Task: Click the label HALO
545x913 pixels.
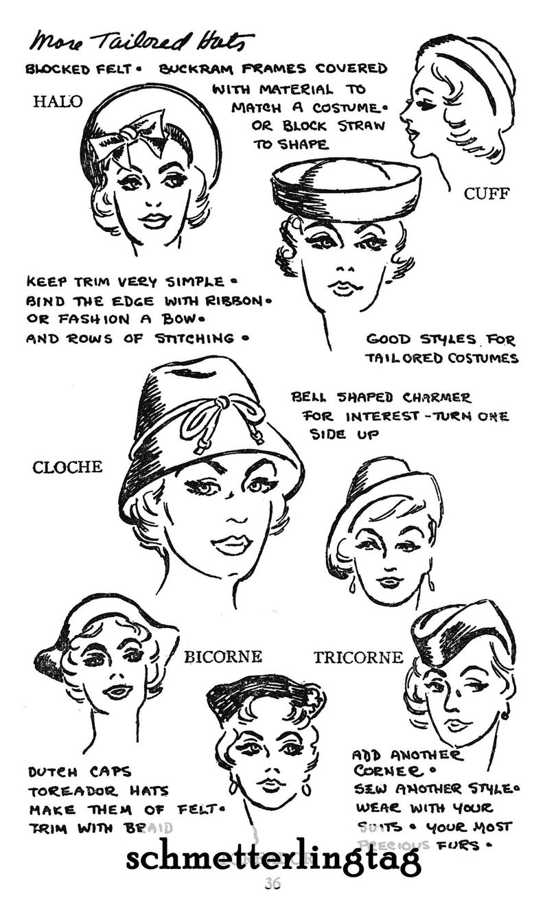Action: (58, 102)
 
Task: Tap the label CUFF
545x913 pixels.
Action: (487, 194)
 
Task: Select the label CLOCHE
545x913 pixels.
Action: (67, 467)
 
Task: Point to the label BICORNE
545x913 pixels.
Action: (223, 657)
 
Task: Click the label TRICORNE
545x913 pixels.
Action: (358, 657)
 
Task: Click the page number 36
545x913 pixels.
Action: (272, 883)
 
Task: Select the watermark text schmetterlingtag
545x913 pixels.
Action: (272, 858)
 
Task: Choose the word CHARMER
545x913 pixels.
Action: (438, 397)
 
